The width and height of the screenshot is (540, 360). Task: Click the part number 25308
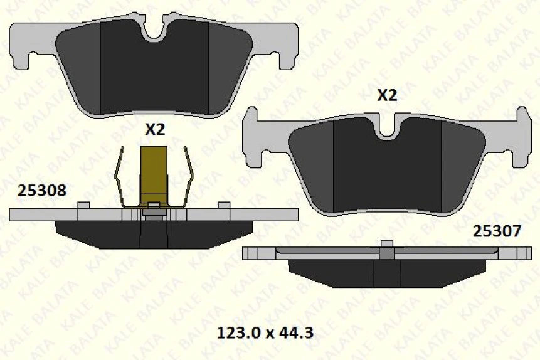[41, 190]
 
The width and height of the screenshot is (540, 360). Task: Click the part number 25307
[496, 231]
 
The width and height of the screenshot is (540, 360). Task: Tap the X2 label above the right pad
[387, 95]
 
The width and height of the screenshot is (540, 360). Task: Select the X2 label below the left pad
[154, 130]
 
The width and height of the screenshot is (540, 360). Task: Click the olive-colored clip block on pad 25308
[154, 172]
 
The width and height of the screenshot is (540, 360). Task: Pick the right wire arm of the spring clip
[188, 179]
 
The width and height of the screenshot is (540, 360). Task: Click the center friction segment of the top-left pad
[155, 75]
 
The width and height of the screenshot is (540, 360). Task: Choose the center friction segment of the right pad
[388, 169]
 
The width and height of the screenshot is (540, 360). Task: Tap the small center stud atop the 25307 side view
[388, 243]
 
